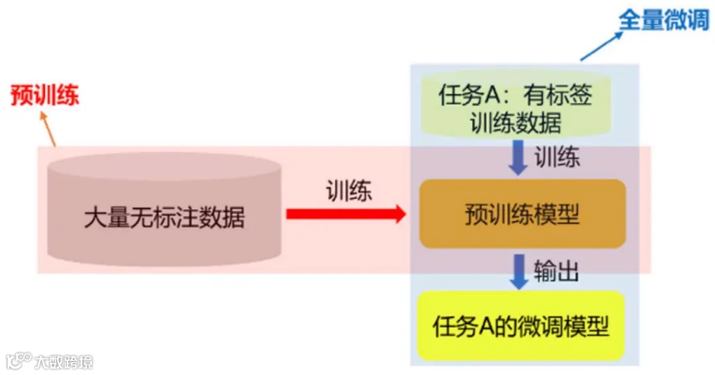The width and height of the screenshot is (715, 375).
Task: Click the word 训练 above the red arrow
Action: (x=348, y=191)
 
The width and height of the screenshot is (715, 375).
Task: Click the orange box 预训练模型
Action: (x=522, y=214)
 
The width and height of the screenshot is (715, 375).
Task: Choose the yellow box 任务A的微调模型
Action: (x=520, y=326)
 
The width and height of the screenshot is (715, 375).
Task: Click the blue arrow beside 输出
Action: (x=519, y=272)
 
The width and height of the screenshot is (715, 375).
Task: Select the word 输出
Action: (x=556, y=271)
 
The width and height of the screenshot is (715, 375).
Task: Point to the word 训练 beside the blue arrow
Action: (x=557, y=157)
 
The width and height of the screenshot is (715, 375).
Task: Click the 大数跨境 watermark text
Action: (x=64, y=362)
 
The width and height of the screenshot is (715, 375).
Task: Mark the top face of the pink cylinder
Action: (x=164, y=167)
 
